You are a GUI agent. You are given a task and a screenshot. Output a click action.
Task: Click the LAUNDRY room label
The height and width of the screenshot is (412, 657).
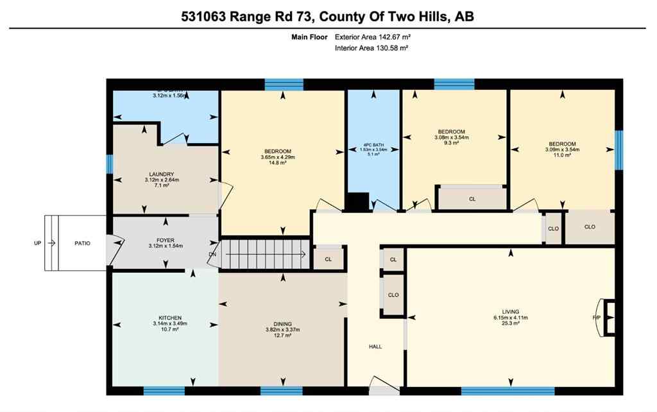[x=161, y=174]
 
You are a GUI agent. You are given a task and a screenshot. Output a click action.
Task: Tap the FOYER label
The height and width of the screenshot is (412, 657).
[x=161, y=241]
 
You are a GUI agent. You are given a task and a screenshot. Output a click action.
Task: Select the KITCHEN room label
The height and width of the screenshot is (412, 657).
[x=170, y=318]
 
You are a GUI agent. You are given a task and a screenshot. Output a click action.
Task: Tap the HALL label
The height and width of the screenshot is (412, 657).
[x=375, y=347]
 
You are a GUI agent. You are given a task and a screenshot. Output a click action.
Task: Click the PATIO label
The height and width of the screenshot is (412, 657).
[x=83, y=243]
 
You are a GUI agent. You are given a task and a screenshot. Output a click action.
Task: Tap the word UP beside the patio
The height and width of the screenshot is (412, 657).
[x=38, y=243]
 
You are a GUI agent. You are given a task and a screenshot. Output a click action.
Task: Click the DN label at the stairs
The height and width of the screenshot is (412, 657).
[x=212, y=254]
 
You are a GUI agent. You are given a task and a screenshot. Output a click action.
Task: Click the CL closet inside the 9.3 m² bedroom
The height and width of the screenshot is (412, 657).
[x=472, y=199]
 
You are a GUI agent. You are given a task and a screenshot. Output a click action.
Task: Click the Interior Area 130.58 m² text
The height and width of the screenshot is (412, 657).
[x=372, y=48]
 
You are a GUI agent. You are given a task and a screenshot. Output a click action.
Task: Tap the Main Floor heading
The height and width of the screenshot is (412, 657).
[x=309, y=37]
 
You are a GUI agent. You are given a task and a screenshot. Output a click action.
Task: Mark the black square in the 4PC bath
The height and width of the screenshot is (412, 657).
[x=358, y=202]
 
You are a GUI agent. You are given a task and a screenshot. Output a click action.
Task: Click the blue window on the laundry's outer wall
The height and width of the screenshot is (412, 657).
[x=110, y=164]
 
